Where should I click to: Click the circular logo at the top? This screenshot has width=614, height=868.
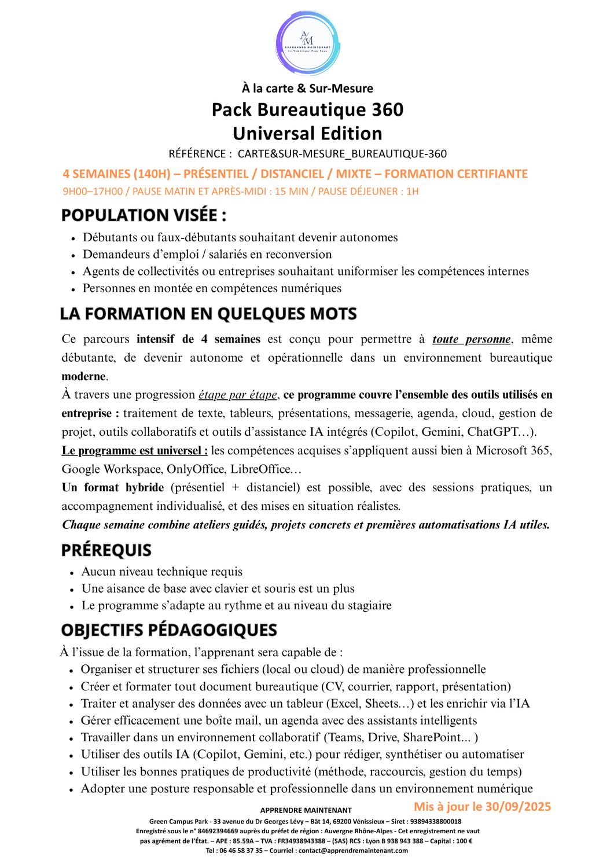point(307,43)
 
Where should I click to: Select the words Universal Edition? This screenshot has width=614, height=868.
point(307,134)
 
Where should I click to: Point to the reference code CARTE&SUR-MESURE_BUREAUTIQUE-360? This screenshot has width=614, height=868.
point(342,154)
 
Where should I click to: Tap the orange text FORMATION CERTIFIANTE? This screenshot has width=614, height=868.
point(456,174)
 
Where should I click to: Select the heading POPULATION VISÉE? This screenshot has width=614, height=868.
point(144,215)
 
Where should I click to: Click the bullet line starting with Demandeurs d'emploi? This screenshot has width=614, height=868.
point(207,255)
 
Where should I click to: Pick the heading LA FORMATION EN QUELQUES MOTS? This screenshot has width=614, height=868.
point(208,314)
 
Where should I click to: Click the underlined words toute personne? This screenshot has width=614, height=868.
point(472,340)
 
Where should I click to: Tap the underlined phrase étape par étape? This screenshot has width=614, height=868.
point(238,395)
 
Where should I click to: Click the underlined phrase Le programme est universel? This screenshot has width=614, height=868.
point(134,451)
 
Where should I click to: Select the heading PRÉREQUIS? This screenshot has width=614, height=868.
point(106,550)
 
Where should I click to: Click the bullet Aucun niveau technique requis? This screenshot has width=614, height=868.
point(162,572)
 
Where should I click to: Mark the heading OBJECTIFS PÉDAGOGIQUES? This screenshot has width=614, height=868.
point(169,630)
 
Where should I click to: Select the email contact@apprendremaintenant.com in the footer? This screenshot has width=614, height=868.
point(353,851)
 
